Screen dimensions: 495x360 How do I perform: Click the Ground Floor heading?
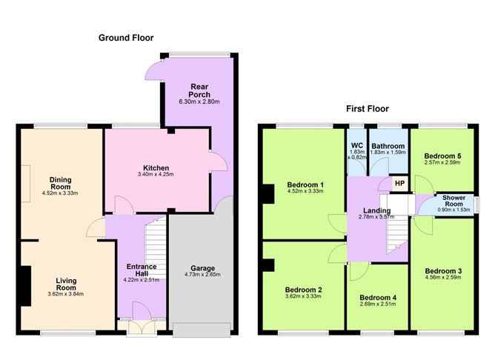[x=126, y=38]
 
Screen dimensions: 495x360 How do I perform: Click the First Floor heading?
[x=368, y=109]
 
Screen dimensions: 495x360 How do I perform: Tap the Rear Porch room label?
[x=199, y=90]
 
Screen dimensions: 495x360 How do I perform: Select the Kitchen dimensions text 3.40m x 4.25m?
[x=156, y=174]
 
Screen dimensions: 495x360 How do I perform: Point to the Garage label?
[x=203, y=268]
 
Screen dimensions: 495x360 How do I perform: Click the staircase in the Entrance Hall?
[x=156, y=249]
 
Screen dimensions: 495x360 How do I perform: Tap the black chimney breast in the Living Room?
[x=26, y=286]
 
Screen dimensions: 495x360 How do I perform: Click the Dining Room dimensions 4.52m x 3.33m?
[x=60, y=193]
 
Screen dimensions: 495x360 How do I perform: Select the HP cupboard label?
[x=399, y=183]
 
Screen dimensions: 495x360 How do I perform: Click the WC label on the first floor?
[x=357, y=146]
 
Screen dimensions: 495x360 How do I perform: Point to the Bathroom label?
[x=388, y=146]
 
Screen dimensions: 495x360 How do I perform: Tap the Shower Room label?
[x=454, y=201]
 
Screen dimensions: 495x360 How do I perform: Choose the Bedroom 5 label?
[x=442, y=156]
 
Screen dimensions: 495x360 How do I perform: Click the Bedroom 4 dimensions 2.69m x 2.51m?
[x=378, y=304]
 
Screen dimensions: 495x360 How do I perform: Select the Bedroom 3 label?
[x=443, y=271]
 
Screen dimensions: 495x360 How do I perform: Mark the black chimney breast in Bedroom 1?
[x=268, y=194]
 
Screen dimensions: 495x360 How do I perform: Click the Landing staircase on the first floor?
[x=398, y=233]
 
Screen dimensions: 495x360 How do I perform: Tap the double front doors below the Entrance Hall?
[x=142, y=328]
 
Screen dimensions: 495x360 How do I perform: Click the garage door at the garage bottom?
[x=202, y=330]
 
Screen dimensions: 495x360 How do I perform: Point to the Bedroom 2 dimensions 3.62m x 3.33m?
[x=303, y=296]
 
